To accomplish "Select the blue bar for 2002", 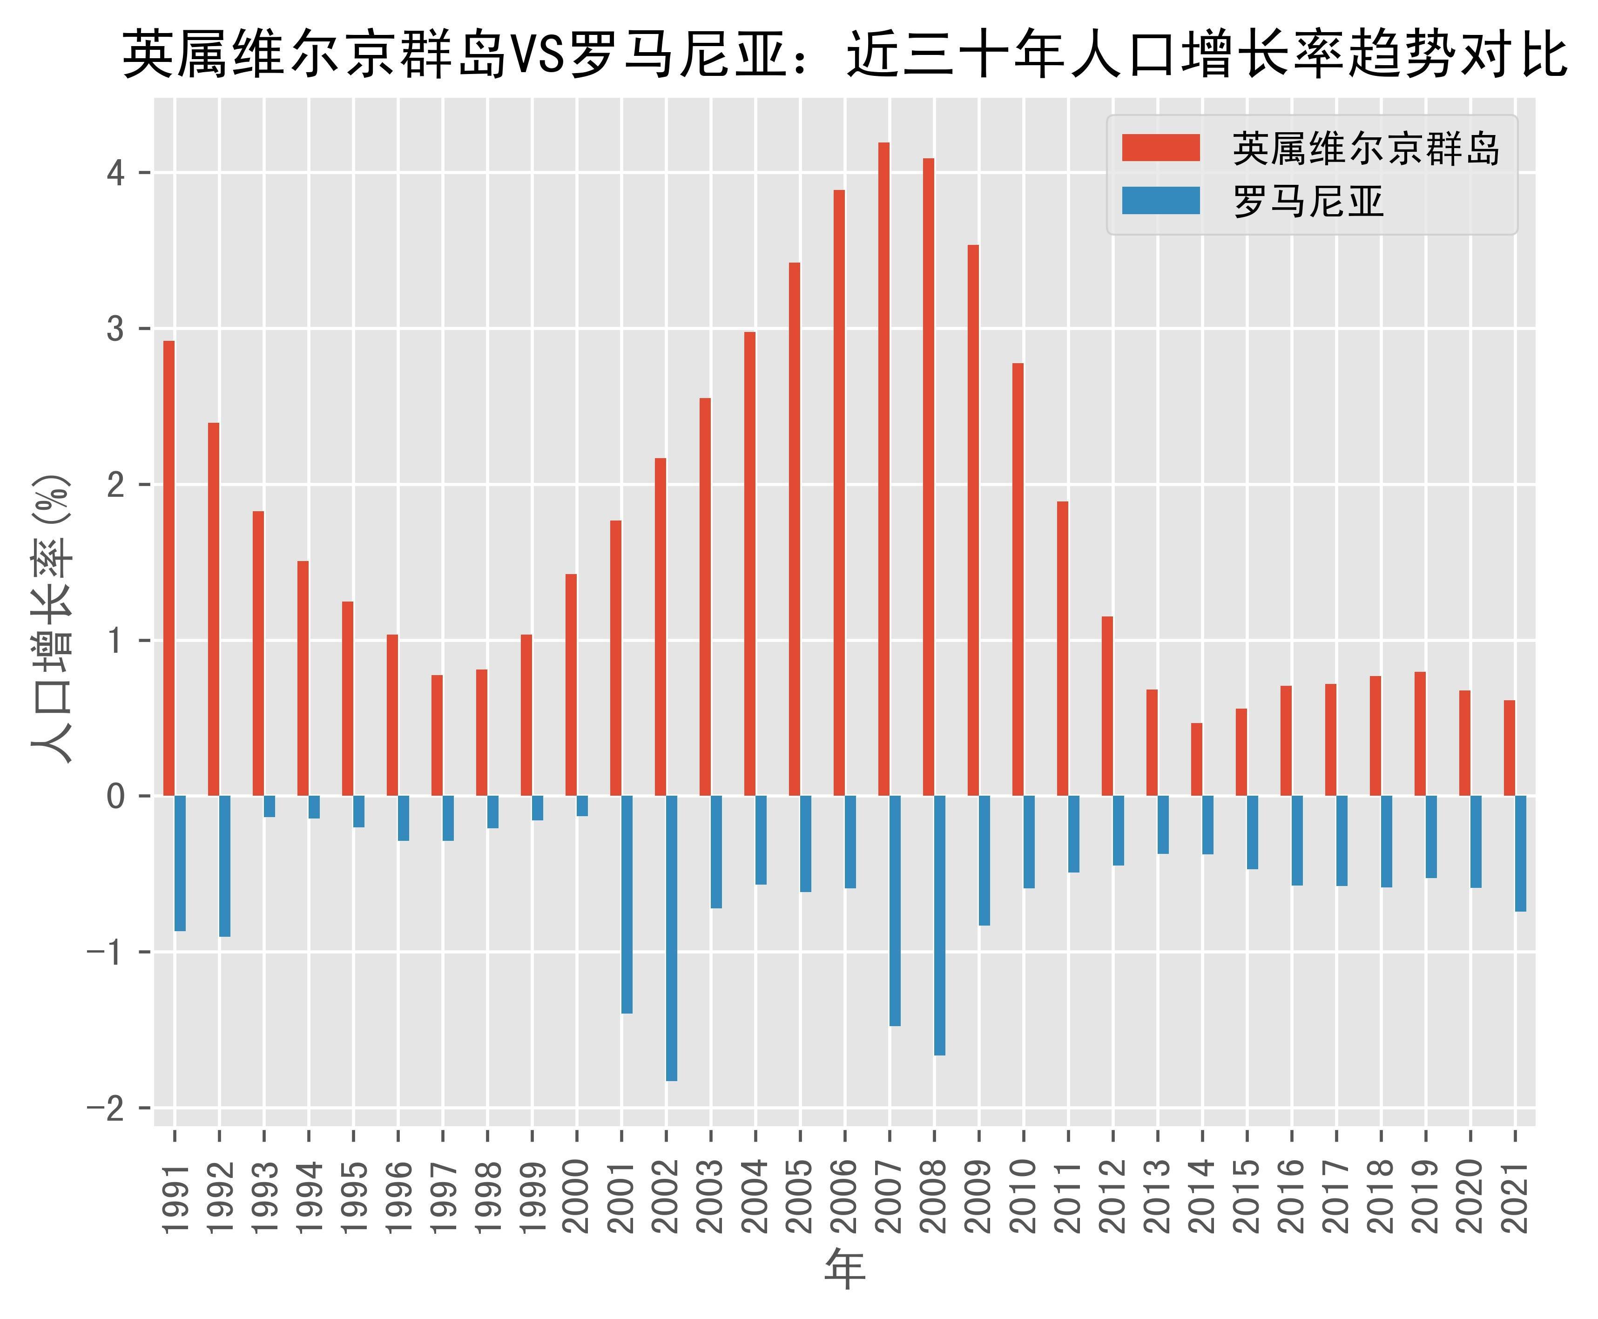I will pyautogui.click(x=671, y=938).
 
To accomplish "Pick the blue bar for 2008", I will pyautogui.click(x=939, y=926).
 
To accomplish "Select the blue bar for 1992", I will pyautogui.click(x=225, y=866).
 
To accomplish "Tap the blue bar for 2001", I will pyautogui.click(x=627, y=904).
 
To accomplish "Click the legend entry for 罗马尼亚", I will pyautogui.click(x=1308, y=201).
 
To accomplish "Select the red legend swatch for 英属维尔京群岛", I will pyautogui.click(x=1160, y=148).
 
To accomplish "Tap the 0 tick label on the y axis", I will pyautogui.click(x=115, y=796).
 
